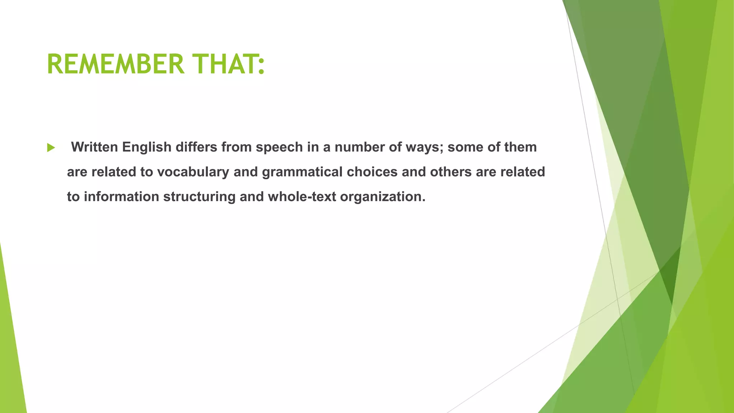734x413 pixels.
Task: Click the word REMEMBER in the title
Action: coord(115,64)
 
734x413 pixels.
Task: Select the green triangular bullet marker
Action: coord(51,147)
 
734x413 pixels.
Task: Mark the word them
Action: coord(520,147)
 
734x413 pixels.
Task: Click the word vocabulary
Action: coord(193,172)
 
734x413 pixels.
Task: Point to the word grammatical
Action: coord(302,172)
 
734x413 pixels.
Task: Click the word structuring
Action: coord(199,197)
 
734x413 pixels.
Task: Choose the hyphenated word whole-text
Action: coord(302,196)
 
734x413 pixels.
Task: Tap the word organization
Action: coord(382,197)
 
